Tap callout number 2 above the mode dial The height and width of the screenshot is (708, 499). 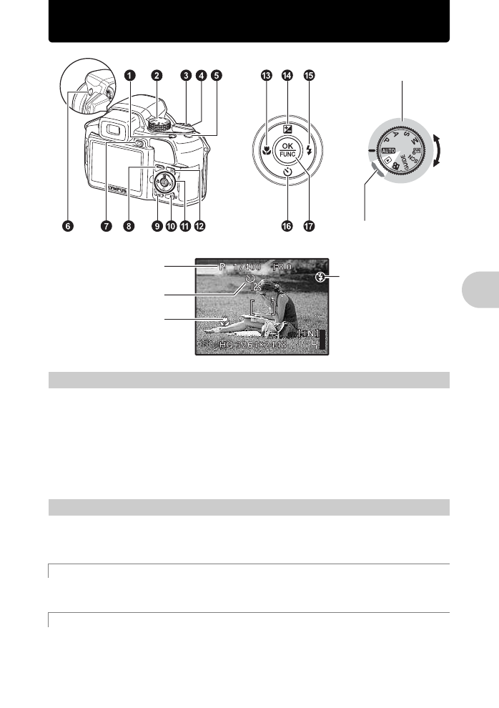coord(157,75)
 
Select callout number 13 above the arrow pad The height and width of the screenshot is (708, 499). coord(267,75)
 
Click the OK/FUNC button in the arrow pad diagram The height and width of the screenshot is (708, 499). coord(287,150)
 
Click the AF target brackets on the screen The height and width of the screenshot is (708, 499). coord(263,308)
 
